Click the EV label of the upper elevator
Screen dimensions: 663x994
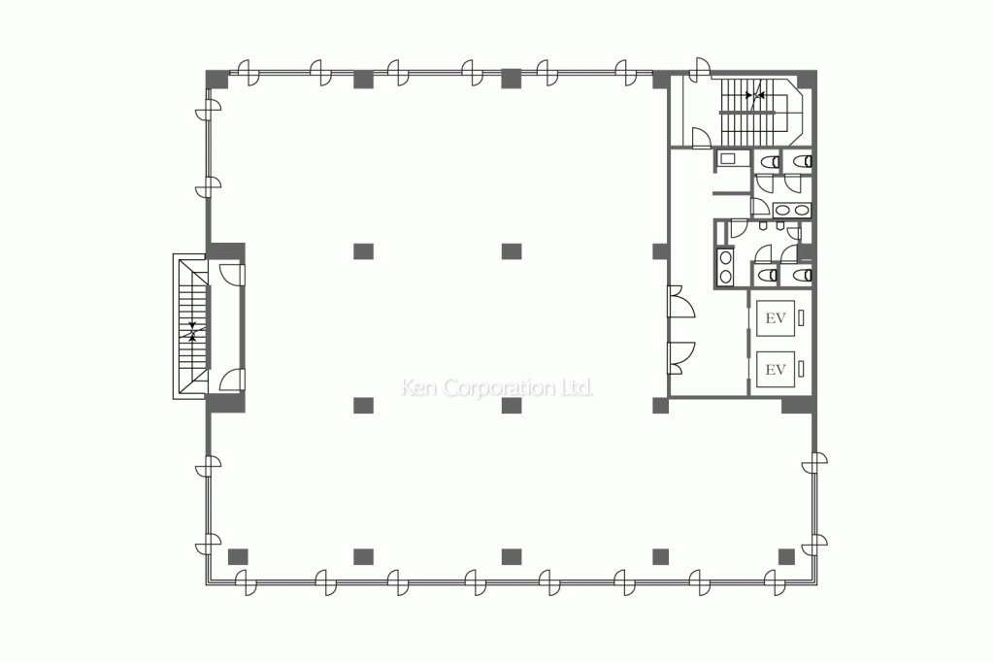pyautogui.click(x=775, y=317)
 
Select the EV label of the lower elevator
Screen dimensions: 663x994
pyautogui.click(x=775, y=369)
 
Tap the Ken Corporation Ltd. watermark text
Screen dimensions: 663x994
pyautogui.click(x=497, y=388)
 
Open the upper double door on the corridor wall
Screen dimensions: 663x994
pyautogui.click(x=679, y=302)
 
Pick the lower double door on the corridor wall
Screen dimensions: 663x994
pyautogui.click(x=679, y=357)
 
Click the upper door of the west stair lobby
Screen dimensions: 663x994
pyautogui.click(x=231, y=273)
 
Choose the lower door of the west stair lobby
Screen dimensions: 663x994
pyautogui.click(x=231, y=380)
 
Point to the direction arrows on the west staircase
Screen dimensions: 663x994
pyautogui.click(x=194, y=330)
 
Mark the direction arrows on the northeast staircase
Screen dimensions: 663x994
pyautogui.click(x=754, y=95)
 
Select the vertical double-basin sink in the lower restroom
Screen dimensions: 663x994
pyautogui.click(x=724, y=267)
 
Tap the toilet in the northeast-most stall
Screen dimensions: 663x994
pyautogui.click(x=803, y=160)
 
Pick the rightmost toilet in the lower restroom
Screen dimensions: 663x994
pyautogui.click(x=802, y=276)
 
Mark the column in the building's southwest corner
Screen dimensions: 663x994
pyautogui.click(x=238, y=556)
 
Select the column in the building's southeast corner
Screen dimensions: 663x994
pyautogui.click(x=786, y=556)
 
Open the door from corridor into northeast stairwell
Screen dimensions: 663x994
pyautogui.click(x=699, y=139)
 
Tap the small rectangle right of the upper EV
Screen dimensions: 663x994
pyautogui.click(x=802, y=317)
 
